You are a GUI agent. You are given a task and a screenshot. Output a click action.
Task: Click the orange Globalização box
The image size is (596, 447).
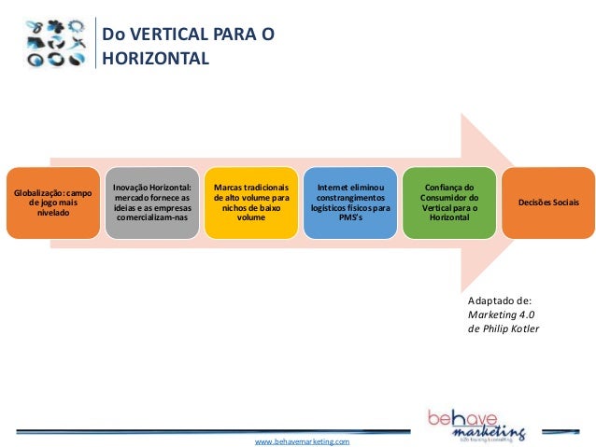pos(52,203)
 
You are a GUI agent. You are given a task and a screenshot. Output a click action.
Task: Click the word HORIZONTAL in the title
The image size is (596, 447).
pos(156,59)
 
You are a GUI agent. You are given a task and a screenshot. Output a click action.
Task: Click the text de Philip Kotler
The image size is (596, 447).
pos(504,328)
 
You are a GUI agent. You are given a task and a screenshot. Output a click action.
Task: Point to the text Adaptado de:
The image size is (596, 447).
pos(500,300)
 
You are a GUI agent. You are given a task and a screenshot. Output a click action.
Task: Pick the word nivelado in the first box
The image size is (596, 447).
pos(53,213)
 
